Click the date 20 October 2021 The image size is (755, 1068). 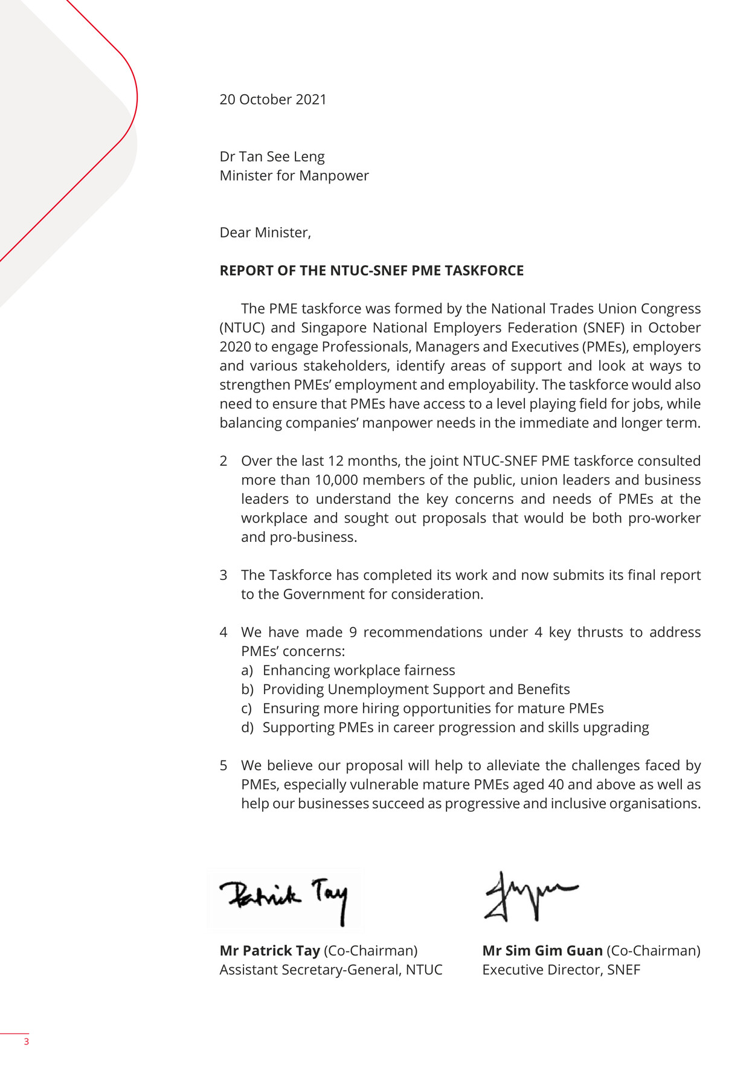click(273, 100)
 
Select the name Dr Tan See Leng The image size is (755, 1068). click(272, 157)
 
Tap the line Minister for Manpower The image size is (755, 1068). click(294, 176)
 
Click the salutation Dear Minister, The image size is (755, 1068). click(265, 233)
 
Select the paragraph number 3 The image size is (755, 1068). click(223, 575)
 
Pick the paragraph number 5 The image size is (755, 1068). click(223, 765)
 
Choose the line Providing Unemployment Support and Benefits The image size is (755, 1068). click(416, 689)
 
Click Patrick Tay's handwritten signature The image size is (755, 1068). click(284, 899)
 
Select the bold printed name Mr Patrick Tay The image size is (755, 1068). click(269, 951)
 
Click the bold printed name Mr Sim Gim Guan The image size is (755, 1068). click(542, 951)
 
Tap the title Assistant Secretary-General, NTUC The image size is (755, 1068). click(331, 970)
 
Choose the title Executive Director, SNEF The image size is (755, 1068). click(561, 970)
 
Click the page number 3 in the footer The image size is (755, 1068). click(26, 1041)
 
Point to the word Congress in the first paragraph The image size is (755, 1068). click(671, 309)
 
